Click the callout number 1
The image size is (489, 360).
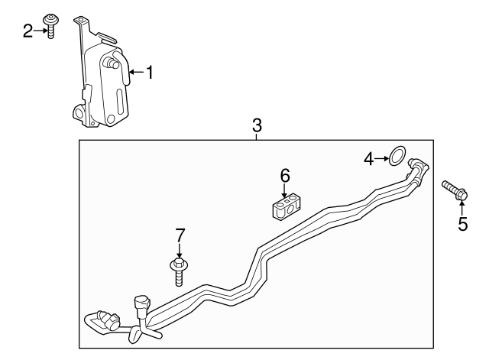[x=150, y=73]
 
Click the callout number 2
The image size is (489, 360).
[x=28, y=31]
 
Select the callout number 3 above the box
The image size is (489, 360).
[x=257, y=125]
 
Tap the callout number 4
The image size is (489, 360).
[x=369, y=159]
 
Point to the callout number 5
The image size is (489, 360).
[x=461, y=223]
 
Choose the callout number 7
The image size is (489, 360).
[x=180, y=235]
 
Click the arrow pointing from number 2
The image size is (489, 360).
[x=40, y=31]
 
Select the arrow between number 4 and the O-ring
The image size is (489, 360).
[x=381, y=159]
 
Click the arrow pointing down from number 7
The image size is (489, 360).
[x=180, y=251]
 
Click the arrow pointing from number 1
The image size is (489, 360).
[x=136, y=73]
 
